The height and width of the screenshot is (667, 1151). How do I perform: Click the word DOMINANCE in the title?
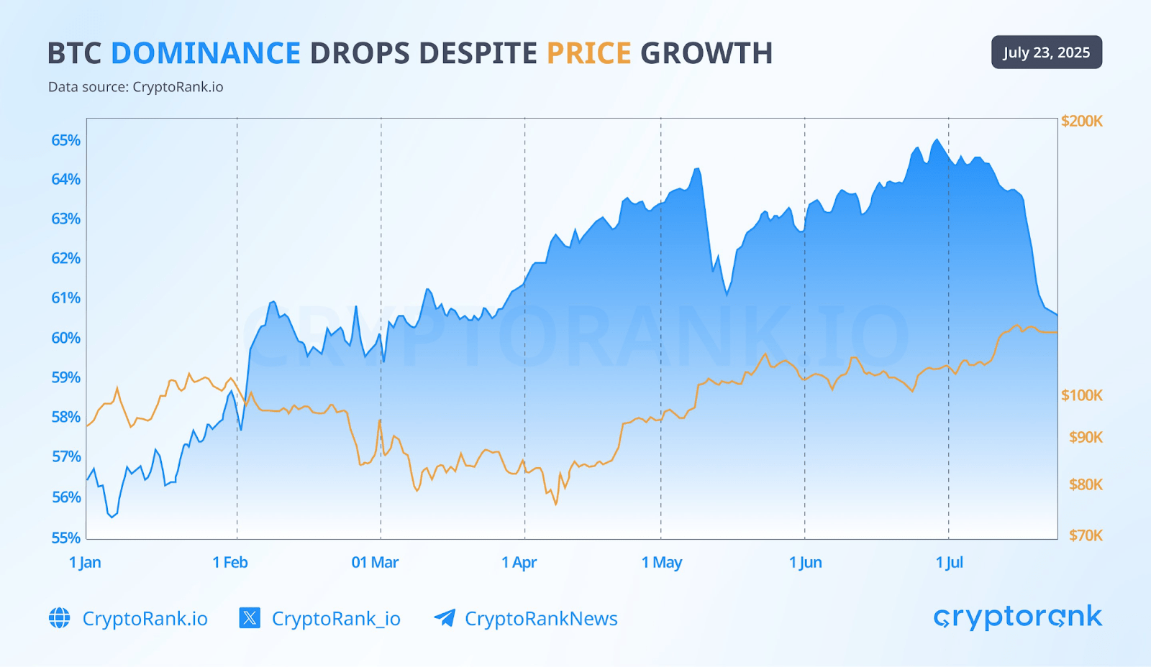[206, 53]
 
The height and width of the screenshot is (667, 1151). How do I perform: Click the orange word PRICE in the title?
[588, 53]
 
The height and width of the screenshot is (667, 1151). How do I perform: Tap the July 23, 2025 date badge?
[1046, 52]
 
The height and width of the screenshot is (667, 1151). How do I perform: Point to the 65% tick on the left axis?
[65, 140]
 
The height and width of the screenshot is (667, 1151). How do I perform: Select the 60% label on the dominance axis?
[65, 338]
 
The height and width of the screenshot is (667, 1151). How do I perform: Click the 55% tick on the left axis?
[65, 538]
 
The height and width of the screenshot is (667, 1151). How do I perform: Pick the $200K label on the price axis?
[1081, 121]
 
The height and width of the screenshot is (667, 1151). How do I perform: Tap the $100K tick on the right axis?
[1081, 395]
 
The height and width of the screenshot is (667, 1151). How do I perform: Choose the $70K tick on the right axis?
[1086, 535]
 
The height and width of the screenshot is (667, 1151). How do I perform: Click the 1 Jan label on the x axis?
[85, 563]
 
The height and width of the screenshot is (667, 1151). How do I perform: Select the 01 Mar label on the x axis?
[375, 563]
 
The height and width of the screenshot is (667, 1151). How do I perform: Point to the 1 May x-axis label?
[662, 563]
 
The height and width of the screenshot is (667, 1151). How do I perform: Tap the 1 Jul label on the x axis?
[949, 563]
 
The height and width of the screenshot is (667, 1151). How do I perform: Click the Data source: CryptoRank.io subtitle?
[135, 87]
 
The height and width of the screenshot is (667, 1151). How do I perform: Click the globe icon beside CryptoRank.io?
[60, 618]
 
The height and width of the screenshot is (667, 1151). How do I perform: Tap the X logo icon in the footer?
[250, 618]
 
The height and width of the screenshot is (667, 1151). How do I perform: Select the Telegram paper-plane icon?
[445, 618]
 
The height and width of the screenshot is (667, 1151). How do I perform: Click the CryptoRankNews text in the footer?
[541, 619]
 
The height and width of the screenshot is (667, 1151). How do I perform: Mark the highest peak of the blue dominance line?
[937, 139]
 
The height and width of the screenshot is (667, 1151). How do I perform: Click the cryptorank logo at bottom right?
[1017, 617]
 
